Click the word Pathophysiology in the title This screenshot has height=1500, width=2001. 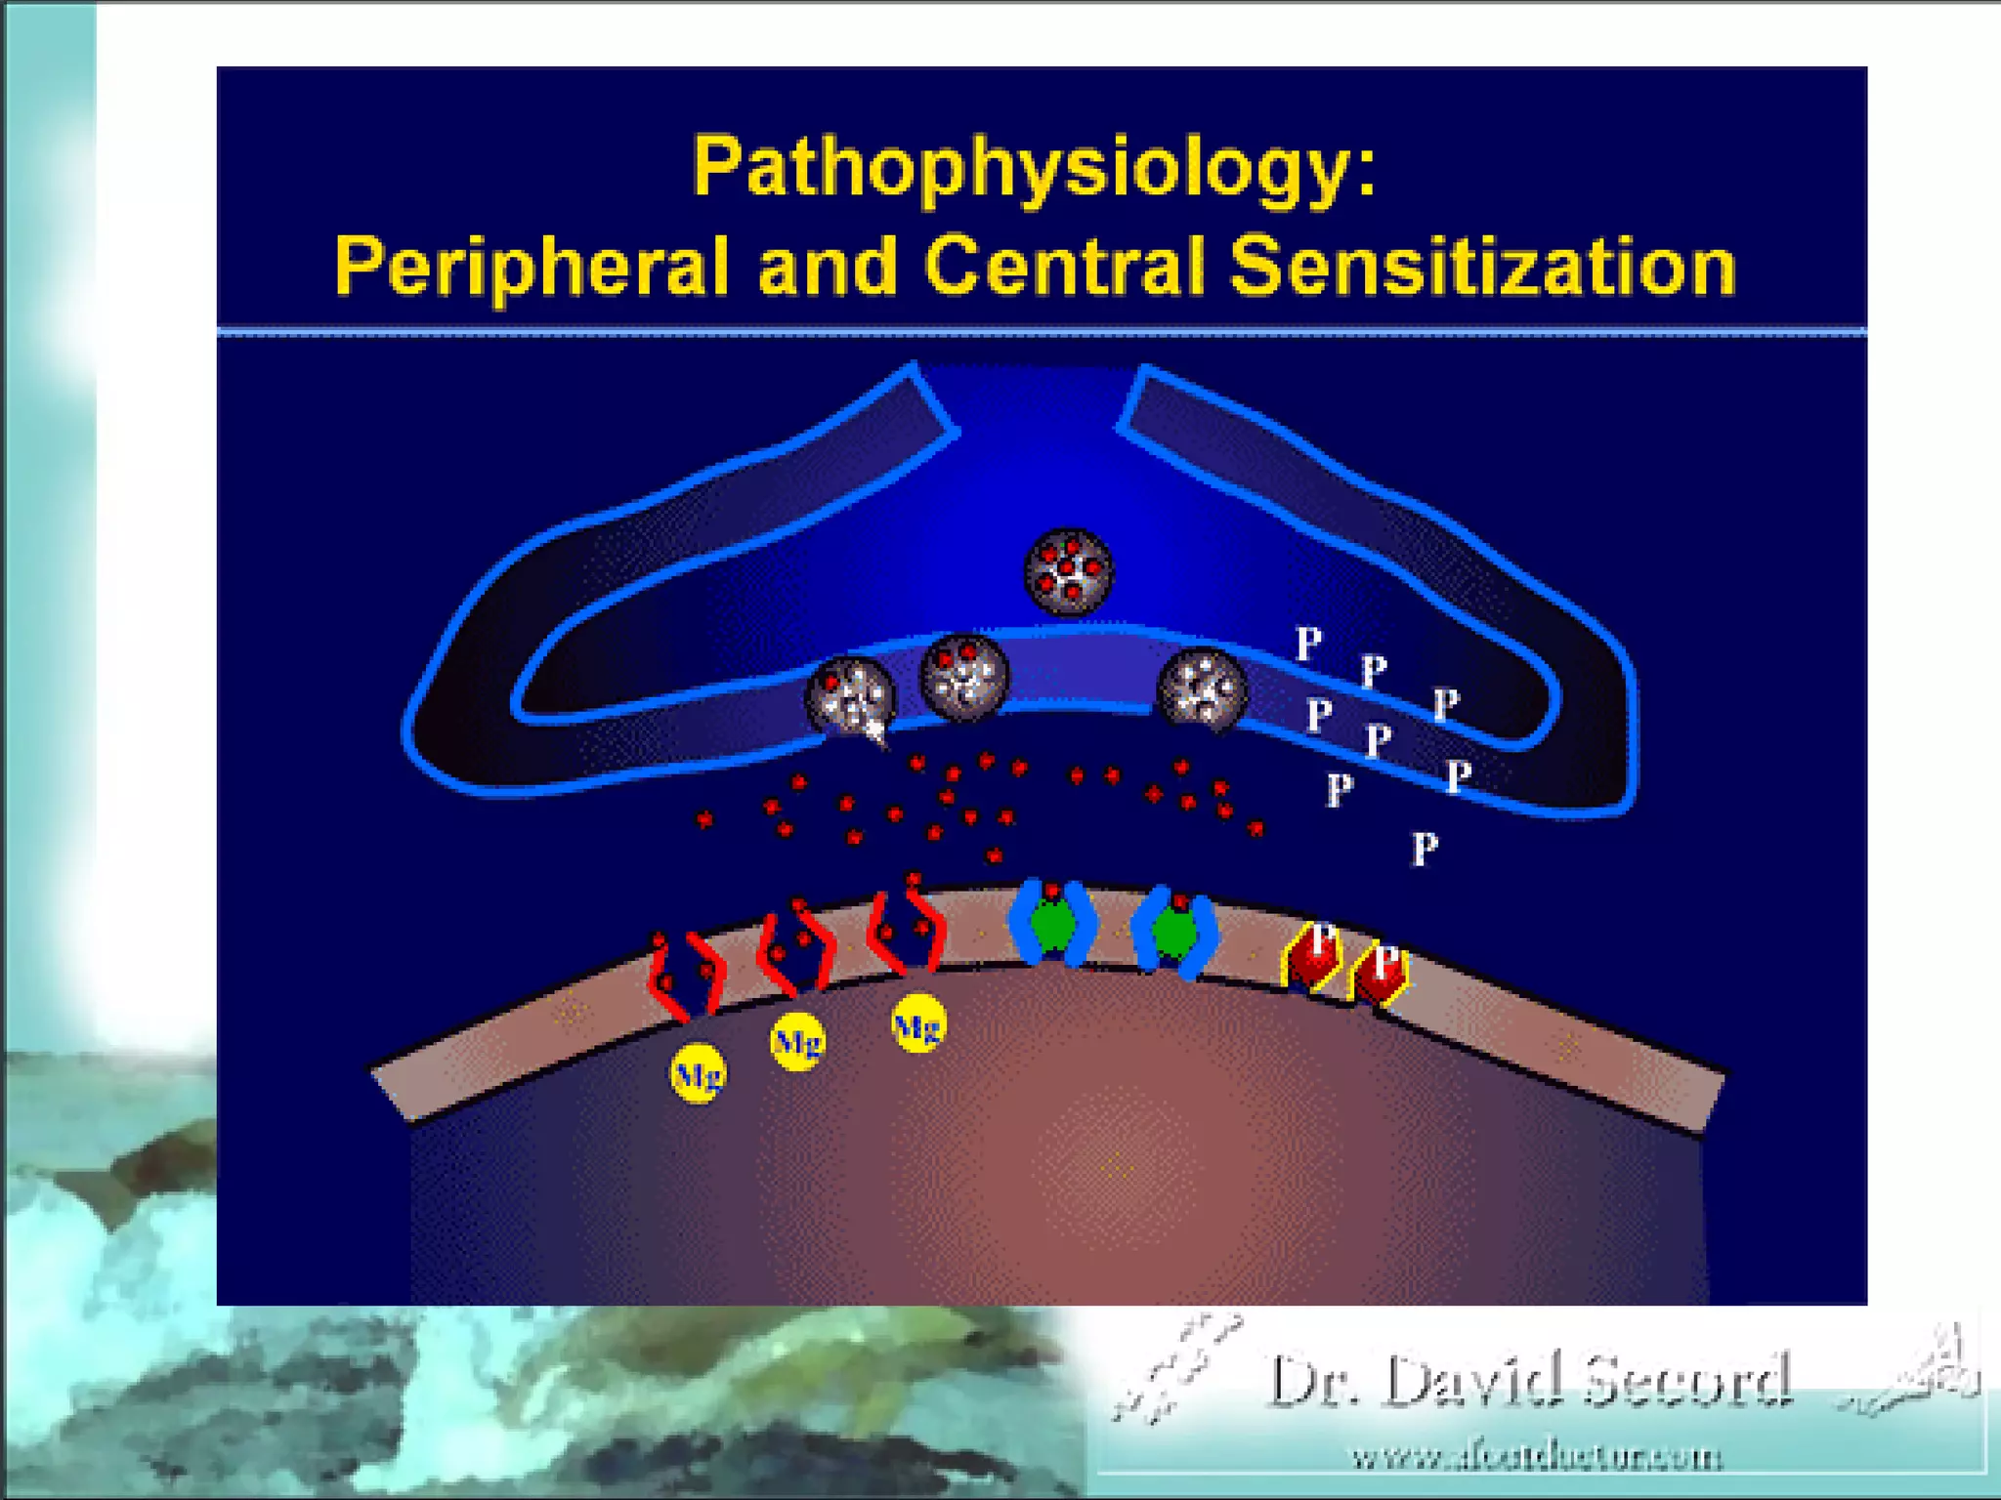(x=1020, y=168)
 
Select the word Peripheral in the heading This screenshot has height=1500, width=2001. (x=532, y=266)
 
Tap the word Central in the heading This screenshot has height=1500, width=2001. (x=1064, y=266)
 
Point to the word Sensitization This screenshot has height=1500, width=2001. (x=1482, y=266)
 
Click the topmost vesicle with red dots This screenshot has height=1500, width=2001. (x=1068, y=570)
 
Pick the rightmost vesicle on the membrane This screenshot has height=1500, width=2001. (x=1202, y=689)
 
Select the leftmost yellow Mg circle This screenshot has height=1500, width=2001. (x=698, y=1074)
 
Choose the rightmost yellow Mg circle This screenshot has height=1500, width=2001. (x=917, y=1024)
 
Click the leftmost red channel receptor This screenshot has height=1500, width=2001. (x=686, y=977)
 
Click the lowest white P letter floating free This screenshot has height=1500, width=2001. (x=1425, y=849)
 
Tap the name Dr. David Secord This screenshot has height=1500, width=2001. (x=1528, y=1381)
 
